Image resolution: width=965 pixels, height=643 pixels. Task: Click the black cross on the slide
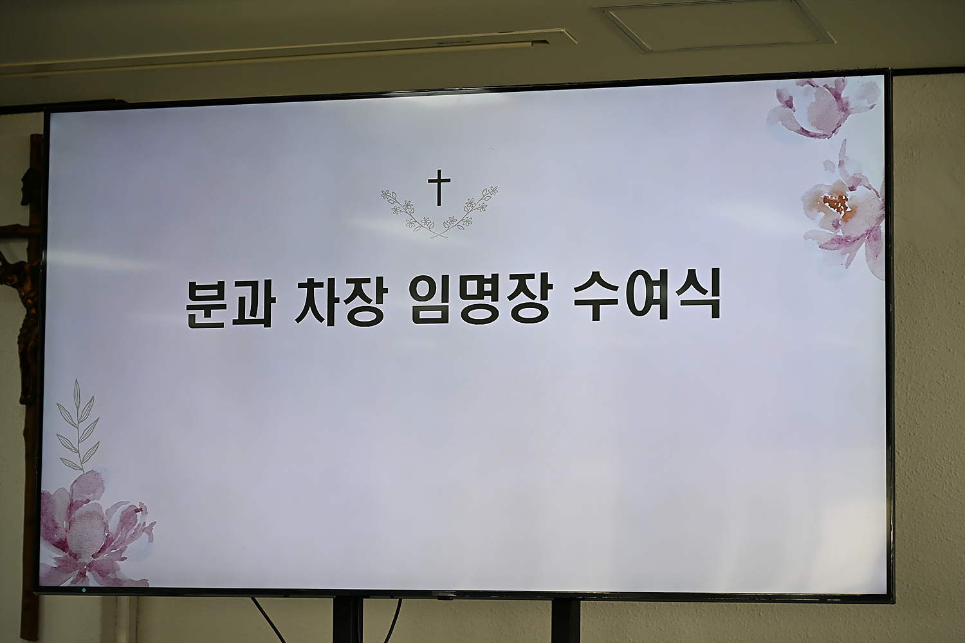(439, 187)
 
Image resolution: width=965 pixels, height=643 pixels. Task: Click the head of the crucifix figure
(30, 181)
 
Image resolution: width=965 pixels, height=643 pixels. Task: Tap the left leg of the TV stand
(347, 620)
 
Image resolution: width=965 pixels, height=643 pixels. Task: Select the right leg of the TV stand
(565, 621)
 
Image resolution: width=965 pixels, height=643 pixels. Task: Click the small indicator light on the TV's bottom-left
(84, 590)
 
